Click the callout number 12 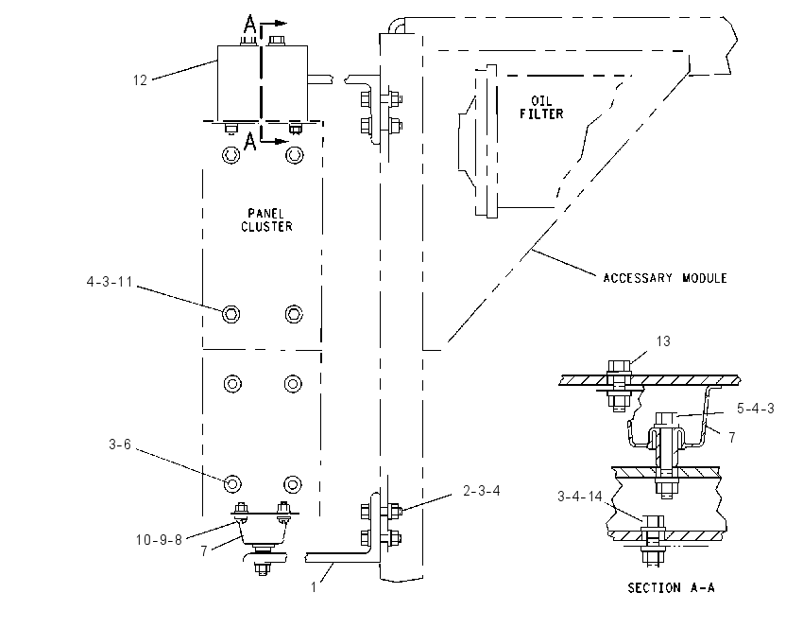point(140,80)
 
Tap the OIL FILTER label point(541,107)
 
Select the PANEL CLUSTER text point(266,220)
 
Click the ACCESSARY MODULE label point(665,278)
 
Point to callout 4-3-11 point(109,282)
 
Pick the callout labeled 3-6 point(120,444)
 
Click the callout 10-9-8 point(159,540)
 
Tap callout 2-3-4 point(482,491)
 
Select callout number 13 point(663,341)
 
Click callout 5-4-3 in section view point(756,409)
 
